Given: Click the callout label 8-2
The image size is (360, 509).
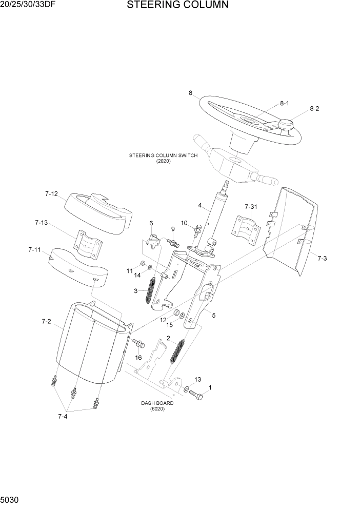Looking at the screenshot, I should (314, 109).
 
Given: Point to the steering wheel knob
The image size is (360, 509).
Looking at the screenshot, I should (285, 125).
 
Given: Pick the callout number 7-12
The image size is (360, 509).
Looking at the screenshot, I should (51, 194).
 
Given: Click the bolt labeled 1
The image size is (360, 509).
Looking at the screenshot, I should (195, 395).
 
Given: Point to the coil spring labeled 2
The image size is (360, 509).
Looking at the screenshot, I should (177, 354).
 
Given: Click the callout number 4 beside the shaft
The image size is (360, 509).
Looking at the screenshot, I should (199, 206).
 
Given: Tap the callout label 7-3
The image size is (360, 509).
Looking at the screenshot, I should (321, 258).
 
